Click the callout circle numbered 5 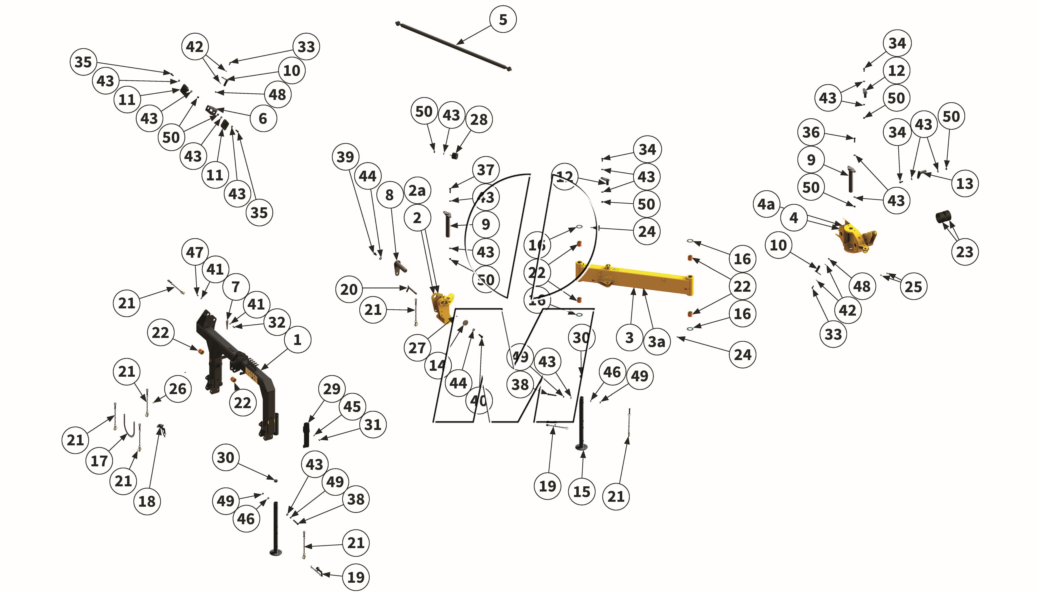(x=503, y=20)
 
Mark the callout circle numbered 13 (x=964, y=184)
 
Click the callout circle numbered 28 (x=479, y=119)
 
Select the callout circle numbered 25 (x=913, y=287)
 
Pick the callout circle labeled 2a (x=417, y=190)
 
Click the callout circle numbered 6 (x=263, y=119)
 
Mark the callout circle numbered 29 (x=332, y=389)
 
